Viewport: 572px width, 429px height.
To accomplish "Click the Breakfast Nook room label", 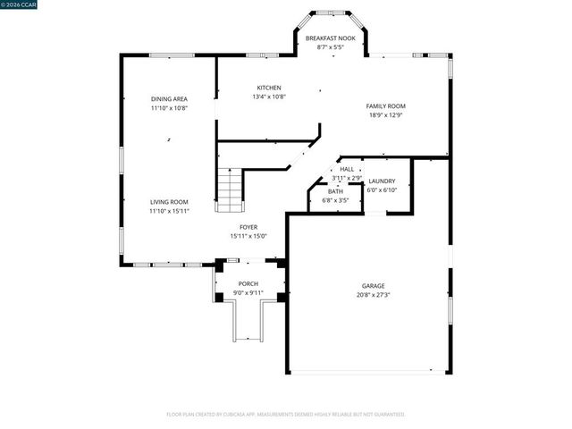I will coord(331,38).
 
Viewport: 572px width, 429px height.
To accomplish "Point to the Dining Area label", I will coord(168,98).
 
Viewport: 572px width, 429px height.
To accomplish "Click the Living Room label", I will coord(168,202).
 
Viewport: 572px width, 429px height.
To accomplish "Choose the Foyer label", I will coord(248,228).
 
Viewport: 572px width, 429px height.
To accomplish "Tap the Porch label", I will coord(248,284).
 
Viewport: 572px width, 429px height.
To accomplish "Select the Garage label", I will coord(374,286).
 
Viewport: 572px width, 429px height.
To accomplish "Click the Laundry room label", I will coord(382,181).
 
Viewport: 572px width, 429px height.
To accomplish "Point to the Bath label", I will coord(335,191).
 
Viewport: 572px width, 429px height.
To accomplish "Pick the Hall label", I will coord(347,169).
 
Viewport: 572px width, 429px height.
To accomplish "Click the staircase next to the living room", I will coord(230,189).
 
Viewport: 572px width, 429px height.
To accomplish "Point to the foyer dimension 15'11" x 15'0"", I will coord(248,236).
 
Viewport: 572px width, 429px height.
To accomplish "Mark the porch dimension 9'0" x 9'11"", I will coord(248,293).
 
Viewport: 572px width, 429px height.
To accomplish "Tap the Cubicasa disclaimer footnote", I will coord(286,415).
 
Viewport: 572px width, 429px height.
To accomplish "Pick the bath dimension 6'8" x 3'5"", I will coord(335,199).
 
